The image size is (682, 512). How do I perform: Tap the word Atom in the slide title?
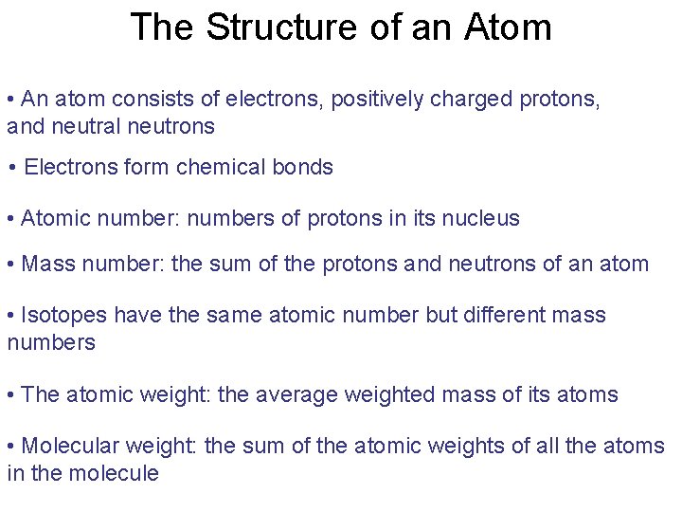[509, 27]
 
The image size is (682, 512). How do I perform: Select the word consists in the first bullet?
[156, 100]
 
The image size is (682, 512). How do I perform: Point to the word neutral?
[86, 126]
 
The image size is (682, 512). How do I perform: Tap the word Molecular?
[68, 446]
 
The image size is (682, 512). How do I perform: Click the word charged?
[470, 100]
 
